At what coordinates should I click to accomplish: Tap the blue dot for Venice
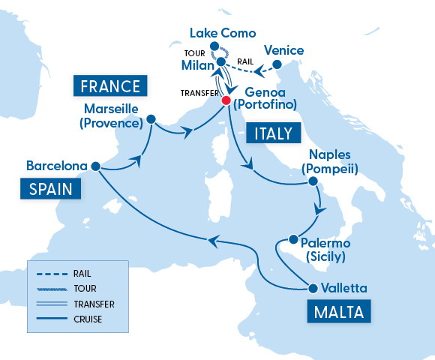pos(277,64)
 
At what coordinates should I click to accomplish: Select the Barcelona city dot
pos(95,166)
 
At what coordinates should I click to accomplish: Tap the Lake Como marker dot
pos(214,46)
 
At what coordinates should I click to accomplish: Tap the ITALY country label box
pos(272,133)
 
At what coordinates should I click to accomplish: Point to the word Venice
pos(284,50)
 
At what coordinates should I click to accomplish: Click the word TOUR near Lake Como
pos(193,53)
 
